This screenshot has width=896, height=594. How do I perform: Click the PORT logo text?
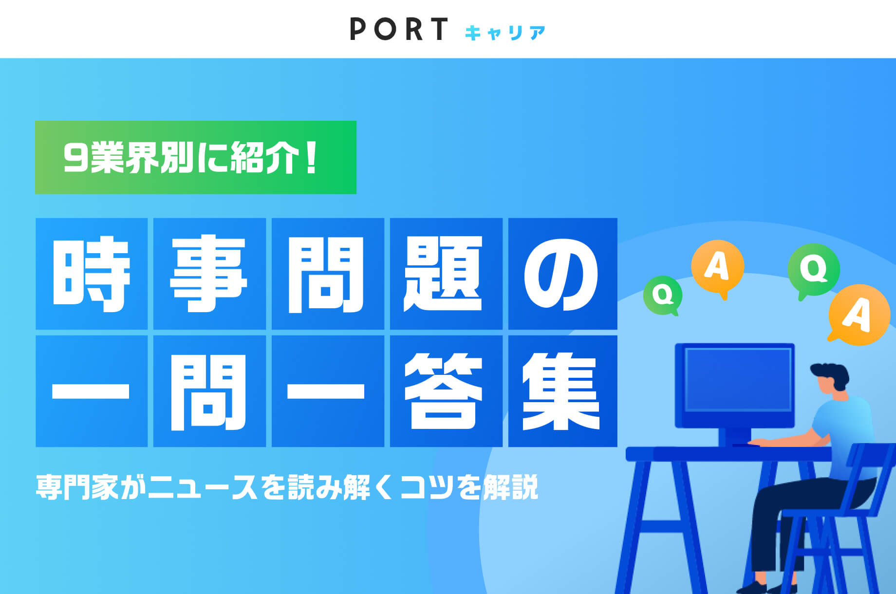pyautogui.click(x=399, y=29)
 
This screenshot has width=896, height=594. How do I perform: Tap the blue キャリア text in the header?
pyautogui.click(x=505, y=33)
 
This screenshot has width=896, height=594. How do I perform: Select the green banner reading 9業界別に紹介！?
pyautogui.click(x=196, y=157)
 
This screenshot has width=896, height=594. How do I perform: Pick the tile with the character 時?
pyautogui.click(x=92, y=274)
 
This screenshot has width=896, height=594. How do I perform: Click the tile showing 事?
pyautogui.click(x=209, y=274)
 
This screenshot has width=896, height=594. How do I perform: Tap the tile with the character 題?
pyautogui.click(x=446, y=274)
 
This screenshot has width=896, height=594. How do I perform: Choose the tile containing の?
pyautogui.click(x=563, y=274)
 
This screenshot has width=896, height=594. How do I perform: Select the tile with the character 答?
pyautogui.click(x=446, y=391)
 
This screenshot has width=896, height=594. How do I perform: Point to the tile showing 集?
pyautogui.click(x=563, y=391)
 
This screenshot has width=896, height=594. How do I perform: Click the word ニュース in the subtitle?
pyautogui.click(x=202, y=487)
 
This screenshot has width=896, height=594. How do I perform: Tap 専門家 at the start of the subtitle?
pyautogui.click(x=76, y=487)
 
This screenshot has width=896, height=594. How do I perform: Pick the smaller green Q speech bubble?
pyautogui.click(x=662, y=295)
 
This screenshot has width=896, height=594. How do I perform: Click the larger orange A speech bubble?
pyautogui.click(x=859, y=315)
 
